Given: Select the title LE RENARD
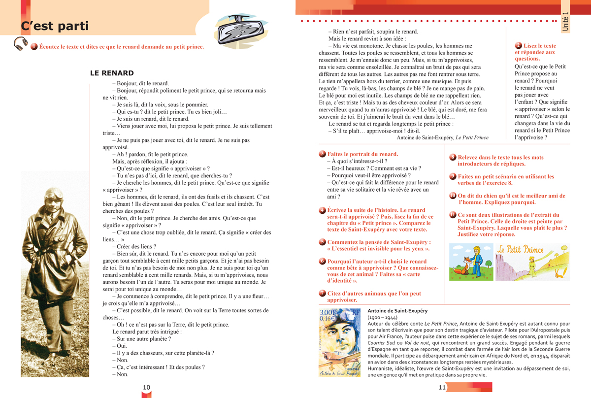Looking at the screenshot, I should (x=112, y=73).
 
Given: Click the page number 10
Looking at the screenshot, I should (x=146, y=388).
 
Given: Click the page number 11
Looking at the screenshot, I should (x=442, y=388).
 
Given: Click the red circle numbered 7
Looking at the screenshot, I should (x=322, y=294).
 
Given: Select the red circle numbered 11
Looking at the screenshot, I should (x=453, y=215).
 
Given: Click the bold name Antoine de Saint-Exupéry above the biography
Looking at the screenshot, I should (x=397, y=311).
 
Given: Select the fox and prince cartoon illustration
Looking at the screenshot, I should (x=471, y=262).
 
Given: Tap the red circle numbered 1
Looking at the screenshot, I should (x=34, y=47).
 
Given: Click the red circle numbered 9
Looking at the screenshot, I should (x=453, y=176).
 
